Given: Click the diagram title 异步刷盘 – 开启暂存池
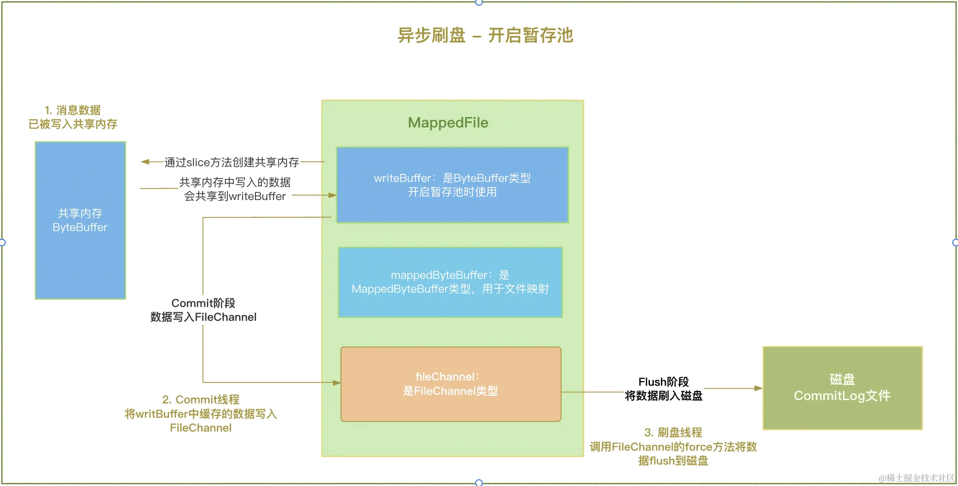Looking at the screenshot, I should (x=485, y=35).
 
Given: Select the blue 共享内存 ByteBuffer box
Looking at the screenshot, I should (x=80, y=220).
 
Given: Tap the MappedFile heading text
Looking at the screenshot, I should (x=448, y=123).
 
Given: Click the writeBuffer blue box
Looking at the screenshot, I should (x=452, y=185).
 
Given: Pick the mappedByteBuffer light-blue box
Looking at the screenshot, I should (x=450, y=282).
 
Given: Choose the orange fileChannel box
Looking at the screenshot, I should (x=450, y=384).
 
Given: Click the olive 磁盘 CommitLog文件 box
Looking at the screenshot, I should (x=842, y=388).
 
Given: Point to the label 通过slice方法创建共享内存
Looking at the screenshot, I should (x=232, y=162).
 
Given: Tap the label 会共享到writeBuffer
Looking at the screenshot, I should (x=235, y=196).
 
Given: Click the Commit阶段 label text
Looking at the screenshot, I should (x=203, y=303).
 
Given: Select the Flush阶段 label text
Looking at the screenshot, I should (x=663, y=382).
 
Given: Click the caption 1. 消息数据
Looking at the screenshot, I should (x=73, y=110).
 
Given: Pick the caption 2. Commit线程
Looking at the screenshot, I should (x=201, y=400).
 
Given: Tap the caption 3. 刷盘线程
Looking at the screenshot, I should (x=673, y=433).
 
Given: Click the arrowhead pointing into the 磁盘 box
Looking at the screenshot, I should (x=758, y=389).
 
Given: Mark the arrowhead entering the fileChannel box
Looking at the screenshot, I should (x=337, y=383).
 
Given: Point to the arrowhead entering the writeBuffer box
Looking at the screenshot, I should (x=332, y=195).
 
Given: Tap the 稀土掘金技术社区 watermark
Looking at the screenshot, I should (x=916, y=478).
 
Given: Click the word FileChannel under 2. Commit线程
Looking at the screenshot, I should (x=201, y=428).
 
